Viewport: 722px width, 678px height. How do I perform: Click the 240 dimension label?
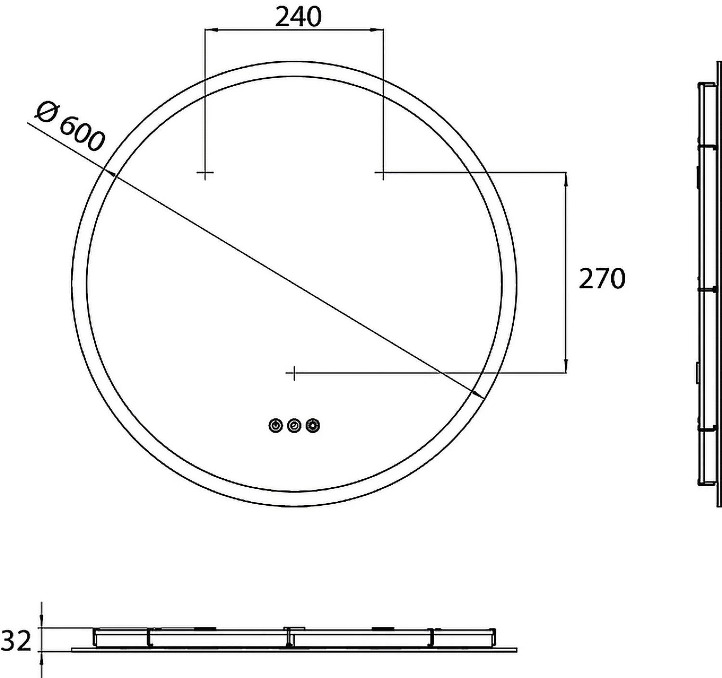click(298, 16)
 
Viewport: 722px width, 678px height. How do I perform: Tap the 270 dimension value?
click(602, 279)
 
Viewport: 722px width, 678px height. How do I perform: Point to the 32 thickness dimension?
click(16, 641)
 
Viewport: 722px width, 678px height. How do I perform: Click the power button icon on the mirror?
click(276, 425)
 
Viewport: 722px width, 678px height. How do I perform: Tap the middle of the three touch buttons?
click(294, 425)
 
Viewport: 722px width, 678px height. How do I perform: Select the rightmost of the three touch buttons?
click(313, 425)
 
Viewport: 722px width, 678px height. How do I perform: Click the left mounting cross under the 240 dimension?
click(205, 172)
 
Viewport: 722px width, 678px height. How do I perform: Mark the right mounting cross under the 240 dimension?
click(383, 172)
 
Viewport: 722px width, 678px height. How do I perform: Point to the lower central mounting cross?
click(294, 372)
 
